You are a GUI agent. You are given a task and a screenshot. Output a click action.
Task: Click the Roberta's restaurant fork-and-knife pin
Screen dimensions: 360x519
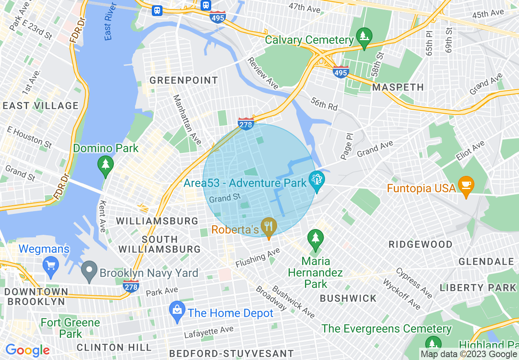point(269,227)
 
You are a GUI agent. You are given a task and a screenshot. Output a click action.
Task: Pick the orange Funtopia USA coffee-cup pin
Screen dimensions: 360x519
point(466,185)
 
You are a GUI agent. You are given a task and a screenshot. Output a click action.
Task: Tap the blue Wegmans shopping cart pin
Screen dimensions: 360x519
point(51,265)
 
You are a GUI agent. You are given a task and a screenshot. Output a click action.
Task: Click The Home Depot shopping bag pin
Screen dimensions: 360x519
point(177,311)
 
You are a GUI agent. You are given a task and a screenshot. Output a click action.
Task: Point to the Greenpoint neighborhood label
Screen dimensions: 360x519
point(183,80)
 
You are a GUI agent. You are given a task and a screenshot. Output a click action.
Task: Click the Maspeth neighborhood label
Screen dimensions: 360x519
point(398,87)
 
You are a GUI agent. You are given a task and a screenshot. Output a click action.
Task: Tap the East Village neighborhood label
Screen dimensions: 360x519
point(41,106)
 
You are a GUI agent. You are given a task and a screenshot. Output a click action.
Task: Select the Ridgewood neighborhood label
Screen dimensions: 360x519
point(420,244)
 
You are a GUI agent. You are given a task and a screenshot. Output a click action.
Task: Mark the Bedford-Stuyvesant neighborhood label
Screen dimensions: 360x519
point(231,353)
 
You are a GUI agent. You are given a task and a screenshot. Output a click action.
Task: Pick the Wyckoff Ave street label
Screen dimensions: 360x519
point(402,294)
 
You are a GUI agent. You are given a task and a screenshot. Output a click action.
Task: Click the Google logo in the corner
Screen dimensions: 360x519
point(27,350)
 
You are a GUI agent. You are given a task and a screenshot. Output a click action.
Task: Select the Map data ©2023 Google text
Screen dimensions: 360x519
point(469,354)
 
